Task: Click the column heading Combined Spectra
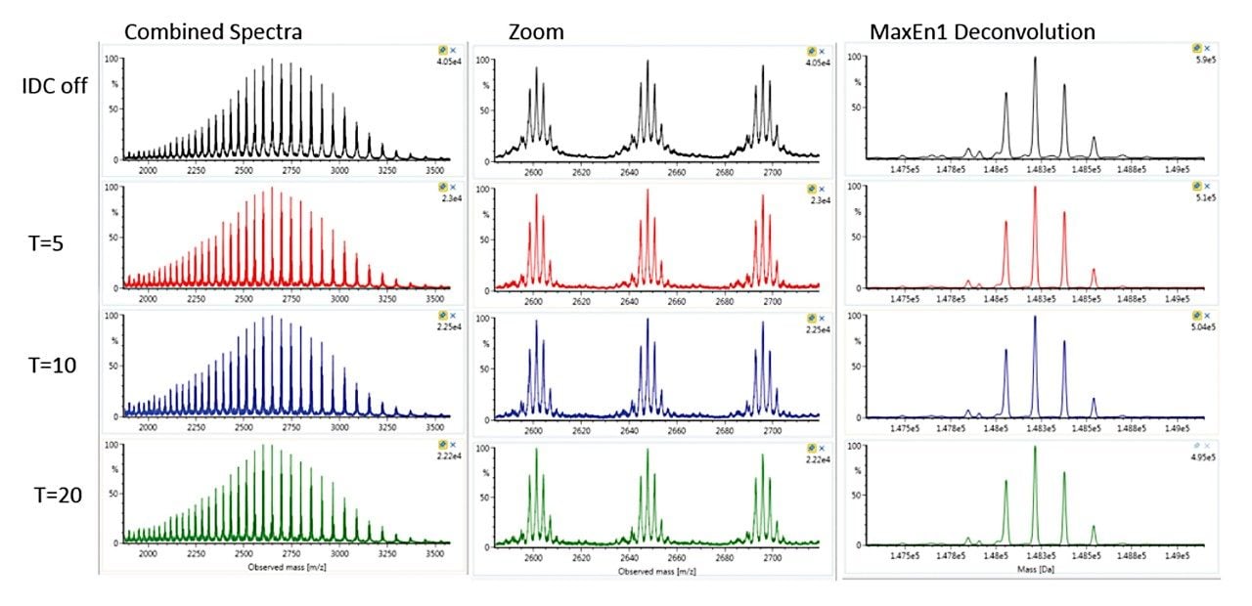[x=212, y=32]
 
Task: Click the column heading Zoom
[x=535, y=32]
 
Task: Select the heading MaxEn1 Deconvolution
[x=982, y=32]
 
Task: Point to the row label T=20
[x=49, y=495]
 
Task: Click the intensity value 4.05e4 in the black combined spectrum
[x=449, y=61]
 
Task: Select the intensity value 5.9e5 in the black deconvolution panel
[x=1204, y=62]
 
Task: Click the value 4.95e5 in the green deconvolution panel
[x=1202, y=456]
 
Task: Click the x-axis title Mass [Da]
[x=1033, y=567]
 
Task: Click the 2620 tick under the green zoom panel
[x=581, y=555]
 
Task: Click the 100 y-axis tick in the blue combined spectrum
[x=112, y=317]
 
